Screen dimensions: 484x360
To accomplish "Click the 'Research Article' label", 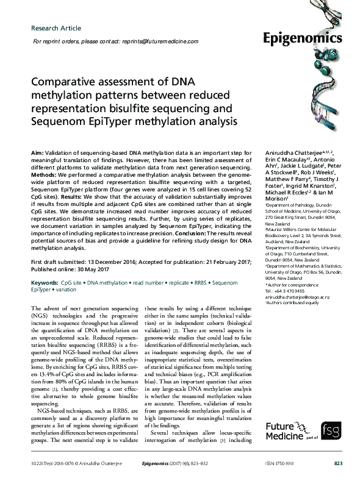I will tap(56, 28).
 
